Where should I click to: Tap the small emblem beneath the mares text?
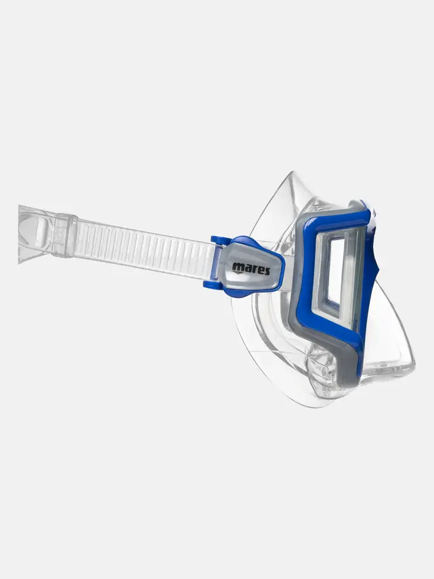coord(238,273)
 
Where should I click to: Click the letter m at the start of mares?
coord(237,266)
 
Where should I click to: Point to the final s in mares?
coord(266,271)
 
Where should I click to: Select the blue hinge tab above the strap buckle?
coord(219,241)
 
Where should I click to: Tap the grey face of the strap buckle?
coord(251,268)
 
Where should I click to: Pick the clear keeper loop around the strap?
coord(64,235)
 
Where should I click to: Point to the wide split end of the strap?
coord(35,234)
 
